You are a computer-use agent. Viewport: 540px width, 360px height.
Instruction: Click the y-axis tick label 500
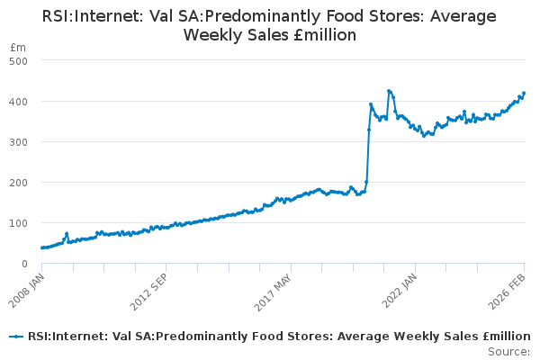(19, 60)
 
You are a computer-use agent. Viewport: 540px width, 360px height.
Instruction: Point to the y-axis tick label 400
(19, 101)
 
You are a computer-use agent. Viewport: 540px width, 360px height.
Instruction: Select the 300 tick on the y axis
(19, 141)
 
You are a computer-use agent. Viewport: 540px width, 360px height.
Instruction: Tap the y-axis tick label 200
(19, 182)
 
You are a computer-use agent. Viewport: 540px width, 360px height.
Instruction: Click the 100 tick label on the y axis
(19, 222)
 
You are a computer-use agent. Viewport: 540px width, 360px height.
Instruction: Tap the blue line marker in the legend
(15, 336)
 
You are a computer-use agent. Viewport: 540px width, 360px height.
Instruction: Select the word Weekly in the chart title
(220, 35)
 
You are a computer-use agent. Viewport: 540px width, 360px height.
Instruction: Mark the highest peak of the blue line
(389, 90)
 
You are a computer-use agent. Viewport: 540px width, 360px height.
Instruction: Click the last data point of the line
(524, 93)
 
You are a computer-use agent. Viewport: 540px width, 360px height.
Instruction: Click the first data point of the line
(42, 247)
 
